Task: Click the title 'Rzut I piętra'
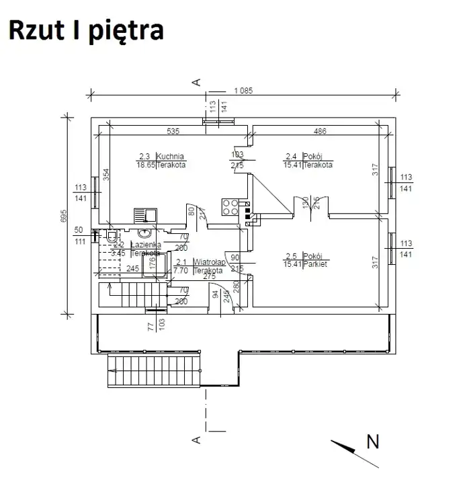(85, 30)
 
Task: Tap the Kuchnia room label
(171, 155)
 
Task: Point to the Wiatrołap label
(209, 262)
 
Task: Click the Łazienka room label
(145, 245)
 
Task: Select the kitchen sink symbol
(145, 215)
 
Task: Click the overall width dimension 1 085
(243, 91)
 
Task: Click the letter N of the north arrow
(373, 442)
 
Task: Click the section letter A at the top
(196, 82)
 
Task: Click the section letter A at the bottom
(196, 440)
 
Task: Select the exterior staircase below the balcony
(154, 371)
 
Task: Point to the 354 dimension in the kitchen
(106, 176)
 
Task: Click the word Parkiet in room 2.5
(314, 264)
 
